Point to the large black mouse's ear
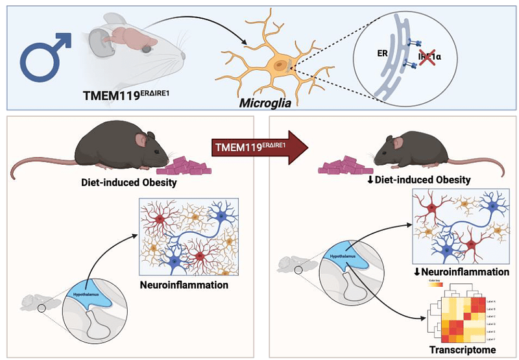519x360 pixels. (141, 139)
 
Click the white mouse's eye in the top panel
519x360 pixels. (147, 47)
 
